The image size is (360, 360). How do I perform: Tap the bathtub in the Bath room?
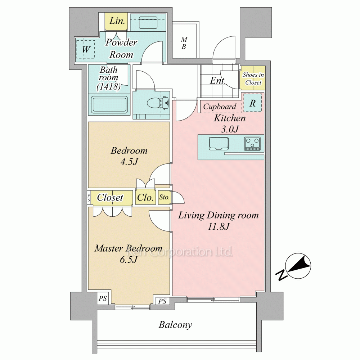click(x=109, y=105)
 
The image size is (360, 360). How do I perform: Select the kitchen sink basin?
click(x=219, y=144)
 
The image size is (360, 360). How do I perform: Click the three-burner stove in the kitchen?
click(x=252, y=144)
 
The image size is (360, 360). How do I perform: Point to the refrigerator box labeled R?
click(x=252, y=103)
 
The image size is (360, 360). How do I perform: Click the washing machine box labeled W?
click(x=85, y=49)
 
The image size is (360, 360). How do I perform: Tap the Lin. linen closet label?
click(x=117, y=21)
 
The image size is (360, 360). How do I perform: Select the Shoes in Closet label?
click(x=253, y=78)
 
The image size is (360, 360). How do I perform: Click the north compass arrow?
click(x=298, y=266)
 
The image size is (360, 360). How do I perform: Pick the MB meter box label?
click(x=184, y=43)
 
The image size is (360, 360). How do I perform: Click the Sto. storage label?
click(x=165, y=197)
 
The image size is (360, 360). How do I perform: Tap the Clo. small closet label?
click(x=145, y=197)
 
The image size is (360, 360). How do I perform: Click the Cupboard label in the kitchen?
click(x=220, y=107)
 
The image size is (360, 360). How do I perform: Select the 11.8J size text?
click(x=219, y=226)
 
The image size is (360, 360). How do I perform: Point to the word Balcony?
click(x=175, y=325)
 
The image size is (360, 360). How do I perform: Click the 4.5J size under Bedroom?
click(x=129, y=162)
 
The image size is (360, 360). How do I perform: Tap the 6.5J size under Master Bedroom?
click(x=129, y=260)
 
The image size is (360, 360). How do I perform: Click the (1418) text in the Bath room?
click(x=109, y=86)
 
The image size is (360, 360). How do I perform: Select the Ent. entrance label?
click(x=218, y=81)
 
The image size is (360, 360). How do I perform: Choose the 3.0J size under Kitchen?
click(x=230, y=129)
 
